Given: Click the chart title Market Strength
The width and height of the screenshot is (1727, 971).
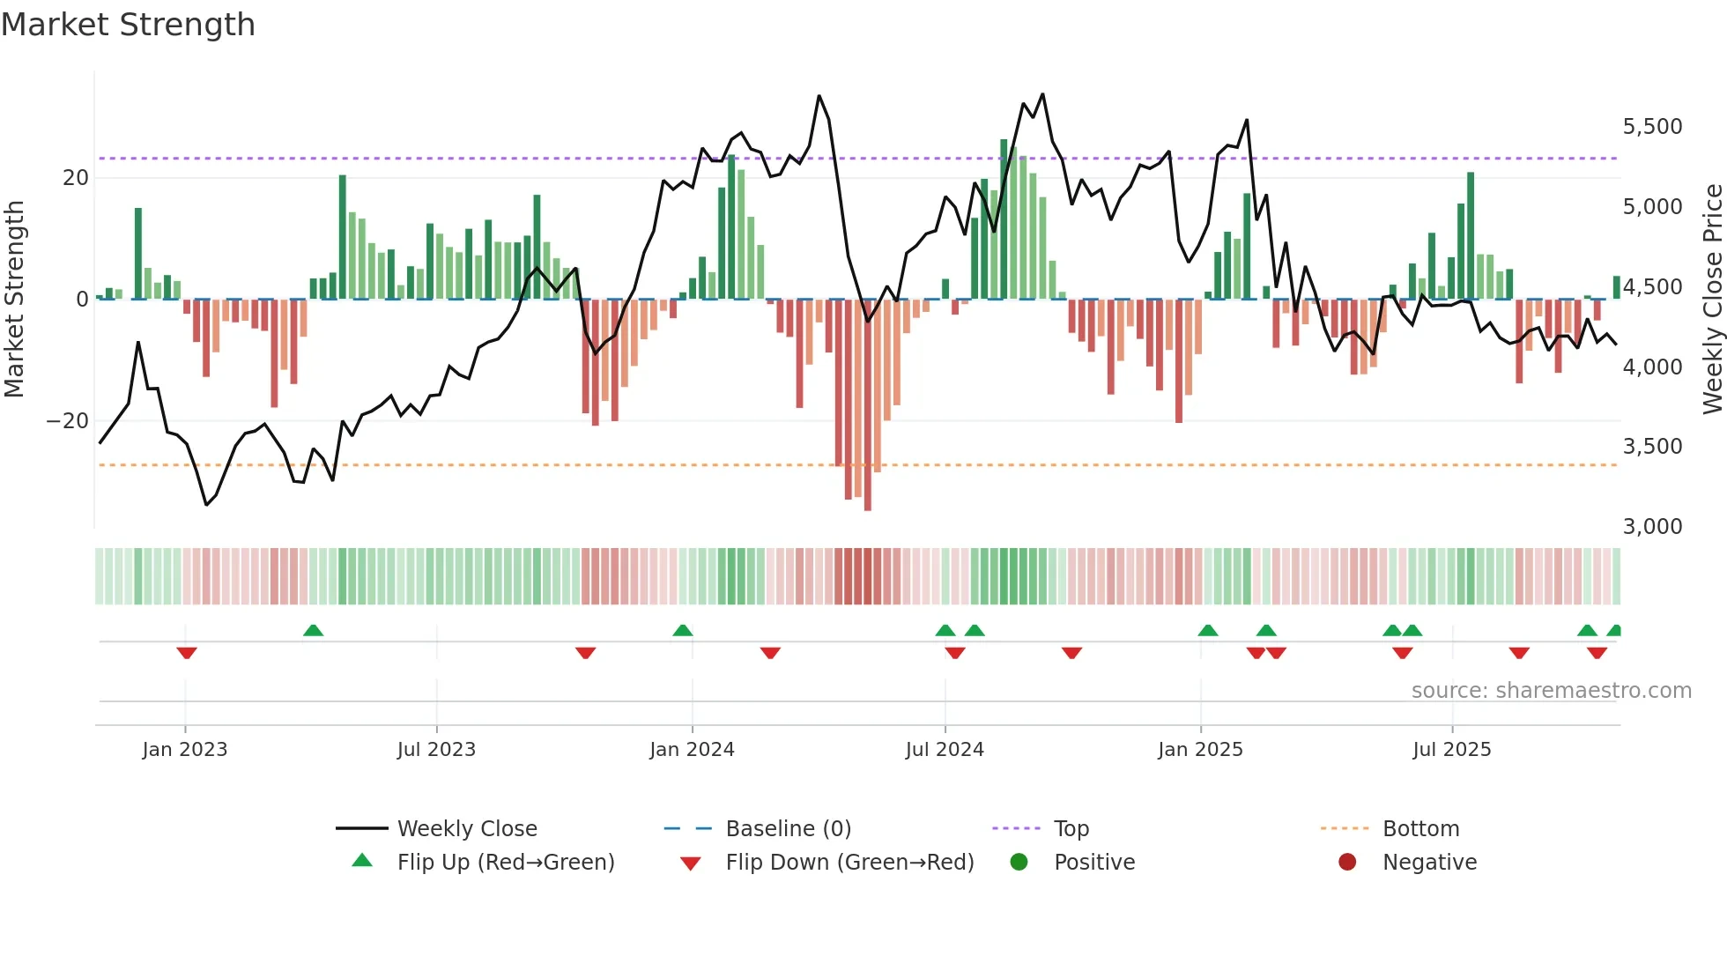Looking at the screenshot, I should pyautogui.click(x=128, y=25).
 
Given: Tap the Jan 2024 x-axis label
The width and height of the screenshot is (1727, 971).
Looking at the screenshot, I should pyautogui.click(x=692, y=750).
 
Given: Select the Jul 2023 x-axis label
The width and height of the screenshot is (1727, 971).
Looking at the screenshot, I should pyautogui.click(x=436, y=750).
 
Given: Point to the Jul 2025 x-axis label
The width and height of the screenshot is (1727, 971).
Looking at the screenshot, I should pyautogui.click(x=1451, y=750).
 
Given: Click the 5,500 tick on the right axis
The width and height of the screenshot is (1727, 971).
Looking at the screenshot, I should pyautogui.click(x=1652, y=127).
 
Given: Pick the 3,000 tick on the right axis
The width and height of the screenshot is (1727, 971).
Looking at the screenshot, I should pyautogui.click(x=1652, y=527).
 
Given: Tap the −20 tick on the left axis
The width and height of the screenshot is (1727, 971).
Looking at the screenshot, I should pyautogui.click(x=68, y=421).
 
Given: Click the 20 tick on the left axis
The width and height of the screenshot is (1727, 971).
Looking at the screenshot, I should pyautogui.click(x=76, y=178).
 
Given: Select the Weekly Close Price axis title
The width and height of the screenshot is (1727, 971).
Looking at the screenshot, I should pyautogui.click(x=1712, y=300).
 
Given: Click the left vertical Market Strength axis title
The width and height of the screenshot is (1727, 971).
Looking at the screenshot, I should pyautogui.click(x=15, y=300).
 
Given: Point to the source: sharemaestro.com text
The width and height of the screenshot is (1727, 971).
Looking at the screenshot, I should pyautogui.click(x=1551, y=691).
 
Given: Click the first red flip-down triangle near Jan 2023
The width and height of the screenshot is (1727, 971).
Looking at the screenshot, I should pyautogui.click(x=186, y=653).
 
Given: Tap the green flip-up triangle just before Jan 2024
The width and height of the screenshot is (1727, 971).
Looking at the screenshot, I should pyautogui.click(x=682, y=630).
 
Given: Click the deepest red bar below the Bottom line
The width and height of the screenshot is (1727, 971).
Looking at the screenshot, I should pyautogui.click(x=868, y=405).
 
